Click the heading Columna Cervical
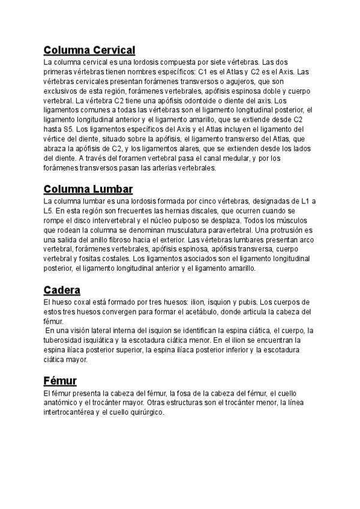coord(89,49)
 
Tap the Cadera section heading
coord(62,290)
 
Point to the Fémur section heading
coord(60,381)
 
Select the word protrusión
coord(281,230)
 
